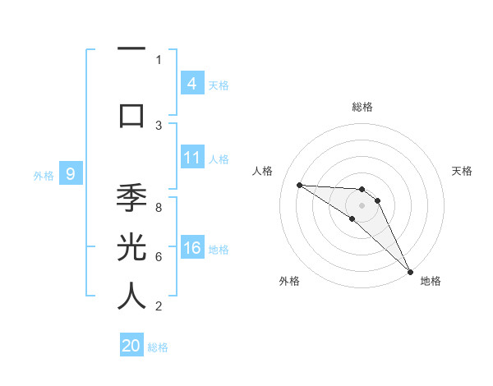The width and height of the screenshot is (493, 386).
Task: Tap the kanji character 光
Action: pos(131,248)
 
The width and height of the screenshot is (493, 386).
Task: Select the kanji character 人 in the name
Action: pos(131,295)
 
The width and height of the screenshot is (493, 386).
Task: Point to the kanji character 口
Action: pos(131,114)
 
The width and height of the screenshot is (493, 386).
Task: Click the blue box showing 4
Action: pos(191,83)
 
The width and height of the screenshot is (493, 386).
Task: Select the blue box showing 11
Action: pos(191,158)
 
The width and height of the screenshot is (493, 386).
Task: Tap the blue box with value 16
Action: pos(191,249)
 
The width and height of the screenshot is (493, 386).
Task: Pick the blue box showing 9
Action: pos(71,173)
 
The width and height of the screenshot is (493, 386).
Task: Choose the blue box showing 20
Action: pos(131,346)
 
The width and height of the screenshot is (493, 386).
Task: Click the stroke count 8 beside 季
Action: pos(159,208)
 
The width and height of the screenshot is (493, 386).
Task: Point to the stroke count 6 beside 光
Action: pos(159,256)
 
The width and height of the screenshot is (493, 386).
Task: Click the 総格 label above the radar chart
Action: pos(362,107)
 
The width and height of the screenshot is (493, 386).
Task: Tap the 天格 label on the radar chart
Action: pos(463,171)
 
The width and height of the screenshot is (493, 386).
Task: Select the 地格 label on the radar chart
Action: pos(431,281)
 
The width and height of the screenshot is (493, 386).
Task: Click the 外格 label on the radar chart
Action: pos(289,281)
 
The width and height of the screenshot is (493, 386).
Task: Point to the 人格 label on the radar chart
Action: pos(263,171)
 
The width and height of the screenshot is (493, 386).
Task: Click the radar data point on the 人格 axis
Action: pos(299,185)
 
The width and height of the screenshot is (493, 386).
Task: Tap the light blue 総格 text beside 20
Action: pos(158,347)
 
